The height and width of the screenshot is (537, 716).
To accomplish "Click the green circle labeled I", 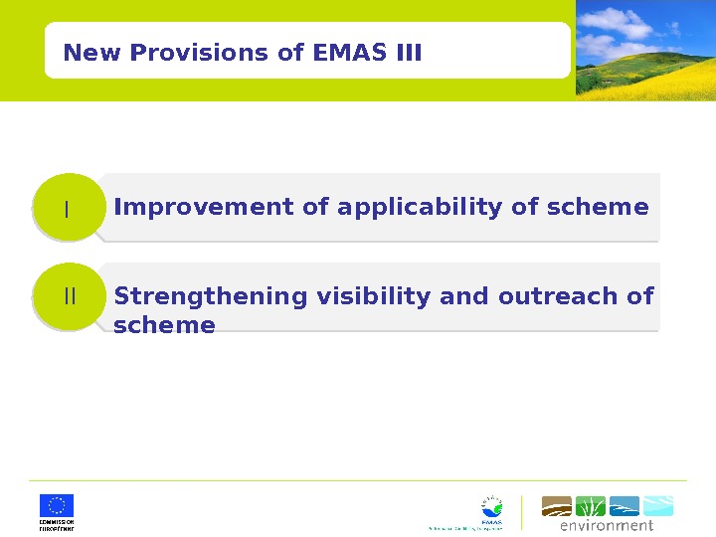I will pos(68,208).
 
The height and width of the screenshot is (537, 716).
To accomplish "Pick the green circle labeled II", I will pos(69,296).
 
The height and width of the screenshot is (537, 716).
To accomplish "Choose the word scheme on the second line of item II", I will pos(164,325).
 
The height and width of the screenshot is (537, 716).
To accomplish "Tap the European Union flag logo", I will pos(57,505).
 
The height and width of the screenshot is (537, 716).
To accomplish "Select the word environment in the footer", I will pos(607,525).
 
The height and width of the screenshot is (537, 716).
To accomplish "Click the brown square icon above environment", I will pos(557,506).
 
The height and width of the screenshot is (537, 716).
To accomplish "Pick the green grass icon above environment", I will pos(591,506).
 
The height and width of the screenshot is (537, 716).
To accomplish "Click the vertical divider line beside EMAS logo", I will pos(521,512).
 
